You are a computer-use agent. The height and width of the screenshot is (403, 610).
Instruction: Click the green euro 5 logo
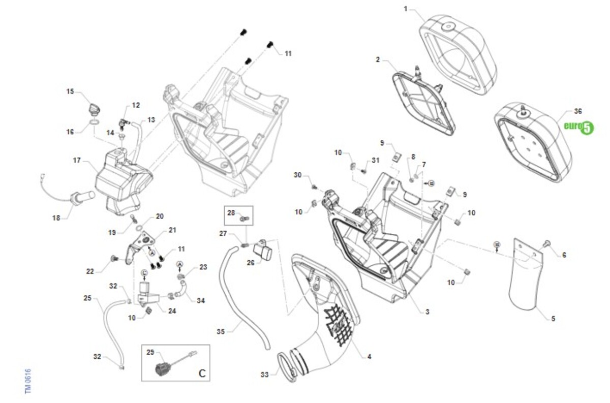(579, 127)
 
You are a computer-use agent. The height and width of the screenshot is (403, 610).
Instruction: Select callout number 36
(577, 111)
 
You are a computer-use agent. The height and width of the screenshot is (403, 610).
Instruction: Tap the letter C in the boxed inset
(202, 374)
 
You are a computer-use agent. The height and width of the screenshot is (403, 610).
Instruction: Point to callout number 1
(406, 9)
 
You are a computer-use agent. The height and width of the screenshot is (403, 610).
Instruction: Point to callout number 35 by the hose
(220, 331)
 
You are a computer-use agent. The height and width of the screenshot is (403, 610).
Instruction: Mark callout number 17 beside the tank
(77, 160)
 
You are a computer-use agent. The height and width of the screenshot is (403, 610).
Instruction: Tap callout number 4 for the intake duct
(369, 356)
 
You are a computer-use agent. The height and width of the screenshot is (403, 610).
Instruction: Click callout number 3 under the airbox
(427, 311)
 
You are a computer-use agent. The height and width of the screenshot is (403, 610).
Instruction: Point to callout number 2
(378, 59)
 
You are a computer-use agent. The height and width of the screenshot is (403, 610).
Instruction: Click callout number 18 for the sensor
(56, 218)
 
